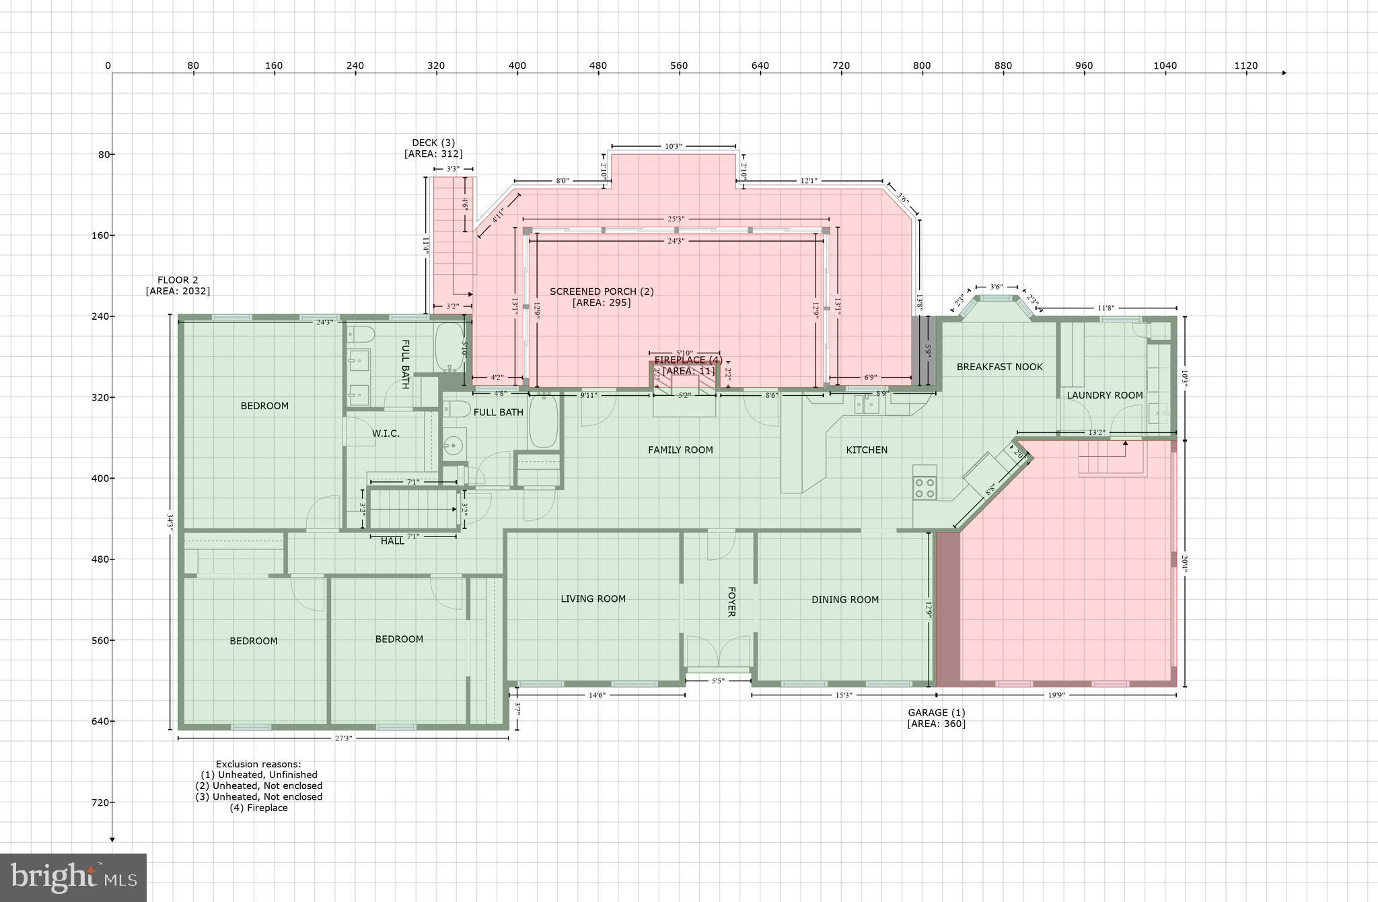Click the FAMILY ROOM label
pyautogui.click(x=680, y=450)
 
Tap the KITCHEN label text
pyautogui.click(x=867, y=450)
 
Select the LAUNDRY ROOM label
pyautogui.click(x=1104, y=395)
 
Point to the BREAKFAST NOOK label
pyautogui.click(x=999, y=367)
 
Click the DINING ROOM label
pyautogui.click(x=844, y=600)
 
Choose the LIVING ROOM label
pyautogui.click(x=593, y=598)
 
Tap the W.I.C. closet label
pyautogui.click(x=386, y=433)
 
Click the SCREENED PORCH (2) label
pyautogui.click(x=602, y=291)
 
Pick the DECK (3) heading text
pyautogui.click(x=433, y=143)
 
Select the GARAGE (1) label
pyautogui.click(x=936, y=712)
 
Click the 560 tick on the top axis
pyautogui.click(x=679, y=66)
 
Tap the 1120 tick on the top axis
pyautogui.click(x=1245, y=66)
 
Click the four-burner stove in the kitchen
pyautogui.click(x=925, y=487)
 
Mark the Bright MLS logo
pyautogui.click(x=73, y=878)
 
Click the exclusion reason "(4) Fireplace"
pyautogui.click(x=258, y=808)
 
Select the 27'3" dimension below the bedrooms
pyautogui.click(x=343, y=738)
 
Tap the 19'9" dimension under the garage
pyautogui.click(x=1056, y=695)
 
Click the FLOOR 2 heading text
pyautogui.click(x=178, y=280)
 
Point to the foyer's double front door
pyautogui.click(x=718, y=650)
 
